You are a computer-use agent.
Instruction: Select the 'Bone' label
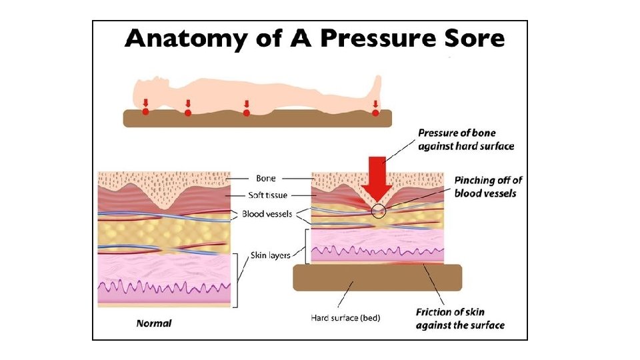(x=265, y=179)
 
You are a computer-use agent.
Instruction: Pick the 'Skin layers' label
(x=270, y=255)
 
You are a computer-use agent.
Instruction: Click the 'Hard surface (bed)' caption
(x=345, y=318)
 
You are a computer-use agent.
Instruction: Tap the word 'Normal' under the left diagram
(x=154, y=323)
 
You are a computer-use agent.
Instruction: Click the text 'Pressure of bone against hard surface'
(x=466, y=139)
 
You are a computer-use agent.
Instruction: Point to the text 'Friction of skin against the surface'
(x=459, y=319)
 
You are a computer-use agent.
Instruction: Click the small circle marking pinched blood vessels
(x=379, y=211)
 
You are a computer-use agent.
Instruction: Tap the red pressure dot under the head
(x=145, y=112)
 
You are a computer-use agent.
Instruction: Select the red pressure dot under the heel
(x=375, y=113)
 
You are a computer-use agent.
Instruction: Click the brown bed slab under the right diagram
(x=377, y=277)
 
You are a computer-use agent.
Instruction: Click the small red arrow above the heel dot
(x=375, y=104)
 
